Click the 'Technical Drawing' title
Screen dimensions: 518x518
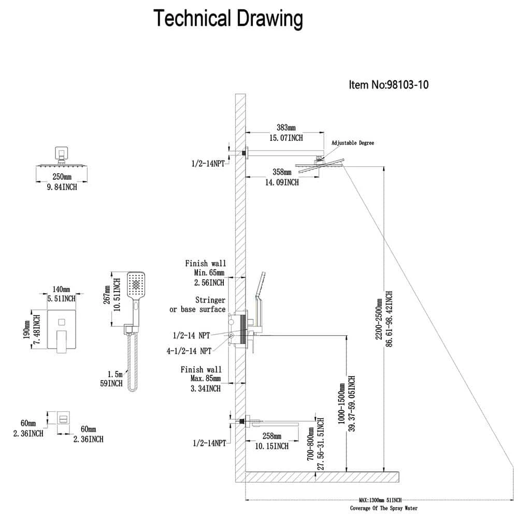pos(228,20)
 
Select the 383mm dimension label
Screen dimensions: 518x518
pos(285,127)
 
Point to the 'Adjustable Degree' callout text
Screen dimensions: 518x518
pos(352,143)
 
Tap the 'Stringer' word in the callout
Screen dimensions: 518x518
pos(210,300)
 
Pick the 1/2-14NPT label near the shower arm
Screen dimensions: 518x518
pos(208,164)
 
